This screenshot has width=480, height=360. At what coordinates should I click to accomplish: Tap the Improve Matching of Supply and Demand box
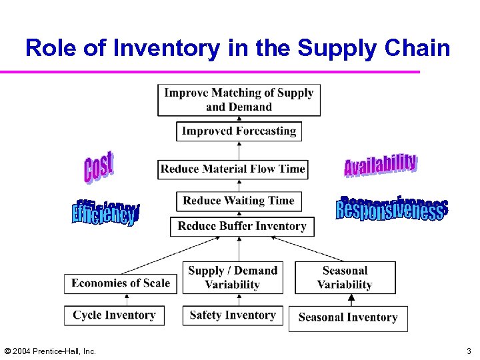(x=239, y=99)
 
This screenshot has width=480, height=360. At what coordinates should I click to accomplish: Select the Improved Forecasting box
(x=239, y=131)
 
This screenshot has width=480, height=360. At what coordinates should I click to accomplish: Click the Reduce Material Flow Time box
(x=233, y=169)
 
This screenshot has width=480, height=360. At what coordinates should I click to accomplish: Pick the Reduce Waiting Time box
(x=239, y=201)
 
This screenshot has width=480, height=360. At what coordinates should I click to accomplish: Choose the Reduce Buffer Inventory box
(x=242, y=226)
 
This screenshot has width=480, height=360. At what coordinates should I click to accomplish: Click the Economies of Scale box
(x=121, y=283)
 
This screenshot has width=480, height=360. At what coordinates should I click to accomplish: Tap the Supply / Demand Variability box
(x=232, y=277)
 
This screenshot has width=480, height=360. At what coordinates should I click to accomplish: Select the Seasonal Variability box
(x=345, y=277)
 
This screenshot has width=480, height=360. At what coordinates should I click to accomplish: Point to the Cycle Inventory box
(x=114, y=315)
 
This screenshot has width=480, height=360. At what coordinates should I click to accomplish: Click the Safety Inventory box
(x=233, y=315)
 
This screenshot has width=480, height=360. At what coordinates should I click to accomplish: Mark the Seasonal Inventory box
(x=348, y=318)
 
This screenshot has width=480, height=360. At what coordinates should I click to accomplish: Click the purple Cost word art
(x=99, y=167)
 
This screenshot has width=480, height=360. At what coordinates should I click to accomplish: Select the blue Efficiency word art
(x=105, y=213)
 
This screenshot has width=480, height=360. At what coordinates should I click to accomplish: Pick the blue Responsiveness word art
(x=391, y=209)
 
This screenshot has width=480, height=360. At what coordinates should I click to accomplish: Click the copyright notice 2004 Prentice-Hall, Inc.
(x=50, y=351)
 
